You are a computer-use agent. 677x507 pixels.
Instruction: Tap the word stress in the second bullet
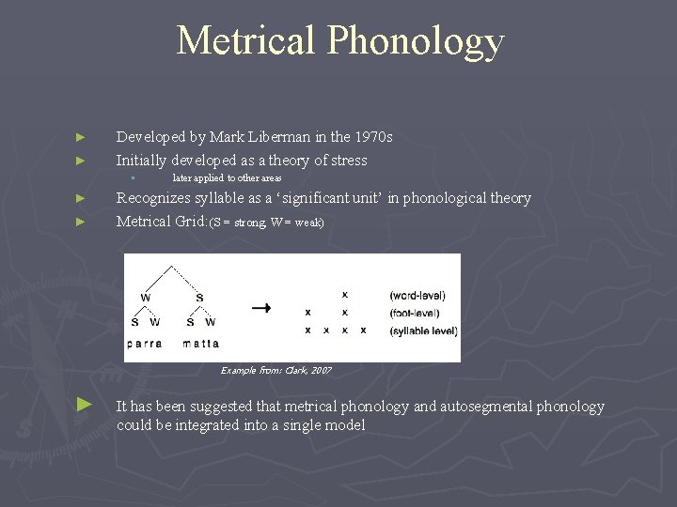coord(347,161)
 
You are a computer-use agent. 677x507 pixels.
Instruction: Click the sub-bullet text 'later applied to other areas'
coord(227,178)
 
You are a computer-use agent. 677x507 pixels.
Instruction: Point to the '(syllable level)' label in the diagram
coord(424,330)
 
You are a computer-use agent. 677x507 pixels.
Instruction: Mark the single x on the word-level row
coord(345,295)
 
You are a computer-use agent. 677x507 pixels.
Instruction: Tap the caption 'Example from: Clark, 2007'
coord(276,371)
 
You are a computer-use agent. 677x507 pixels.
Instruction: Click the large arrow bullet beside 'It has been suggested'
coord(85,404)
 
